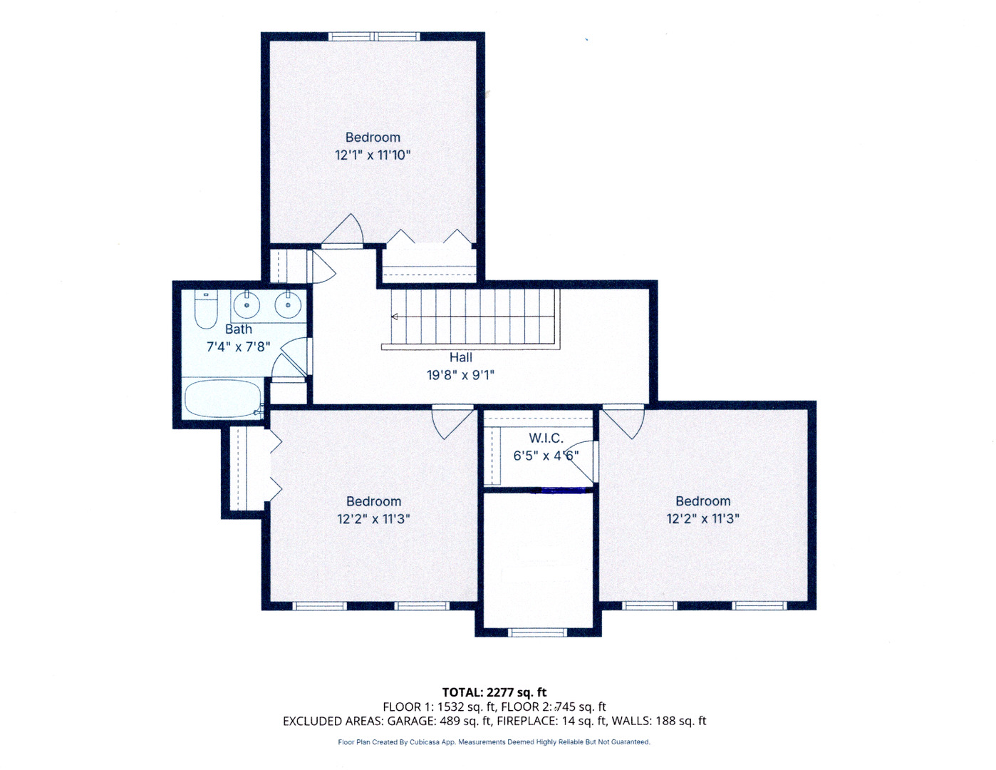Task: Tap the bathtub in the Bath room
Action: [223, 399]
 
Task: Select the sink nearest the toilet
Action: [247, 305]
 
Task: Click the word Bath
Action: [239, 329]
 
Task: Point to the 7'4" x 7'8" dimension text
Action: [239, 347]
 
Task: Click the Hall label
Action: [460, 358]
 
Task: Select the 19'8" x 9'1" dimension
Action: [460, 375]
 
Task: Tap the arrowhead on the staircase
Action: [394, 317]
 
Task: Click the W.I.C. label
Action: [546, 438]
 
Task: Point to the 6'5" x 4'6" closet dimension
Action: [546, 456]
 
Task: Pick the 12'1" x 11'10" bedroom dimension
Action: [373, 155]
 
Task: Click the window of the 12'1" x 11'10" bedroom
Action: [374, 36]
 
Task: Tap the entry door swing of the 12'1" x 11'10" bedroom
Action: [345, 230]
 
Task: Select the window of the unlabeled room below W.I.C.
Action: [538, 632]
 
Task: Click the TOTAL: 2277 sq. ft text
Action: [494, 692]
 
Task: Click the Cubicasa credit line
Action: [494, 742]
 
